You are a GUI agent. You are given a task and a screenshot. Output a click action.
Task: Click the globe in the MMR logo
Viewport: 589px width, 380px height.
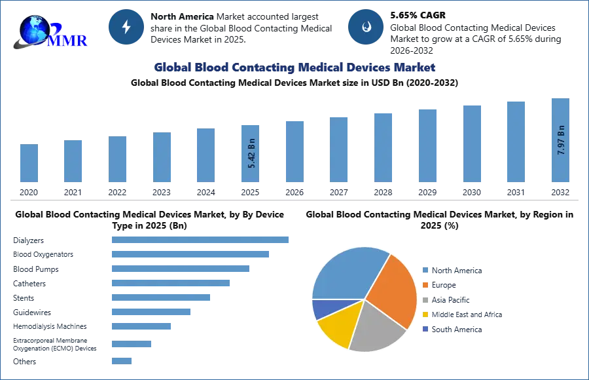point(33,28)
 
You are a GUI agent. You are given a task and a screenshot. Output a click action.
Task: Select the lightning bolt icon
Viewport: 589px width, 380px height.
point(126,27)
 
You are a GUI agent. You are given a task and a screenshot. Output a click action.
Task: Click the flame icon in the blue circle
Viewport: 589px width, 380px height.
point(366,27)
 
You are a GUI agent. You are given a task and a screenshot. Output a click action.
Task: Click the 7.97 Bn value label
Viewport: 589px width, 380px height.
point(561,140)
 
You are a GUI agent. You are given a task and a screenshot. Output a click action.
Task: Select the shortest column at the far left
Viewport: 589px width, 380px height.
point(29,162)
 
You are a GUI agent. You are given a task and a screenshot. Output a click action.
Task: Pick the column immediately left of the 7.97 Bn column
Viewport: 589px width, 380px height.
point(515,142)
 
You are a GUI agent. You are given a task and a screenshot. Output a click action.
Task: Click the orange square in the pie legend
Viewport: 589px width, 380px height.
point(425,285)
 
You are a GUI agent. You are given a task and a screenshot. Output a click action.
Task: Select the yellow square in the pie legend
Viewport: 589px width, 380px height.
point(425,314)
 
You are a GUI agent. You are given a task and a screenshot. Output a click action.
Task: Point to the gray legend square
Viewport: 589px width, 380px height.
point(425,299)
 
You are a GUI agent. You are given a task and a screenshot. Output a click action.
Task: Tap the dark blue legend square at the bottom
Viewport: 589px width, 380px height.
point(425,330)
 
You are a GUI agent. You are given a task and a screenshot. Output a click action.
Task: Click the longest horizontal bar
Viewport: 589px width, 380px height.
point(201,241)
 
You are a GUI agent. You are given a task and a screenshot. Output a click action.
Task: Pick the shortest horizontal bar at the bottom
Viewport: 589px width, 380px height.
point(122,361)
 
